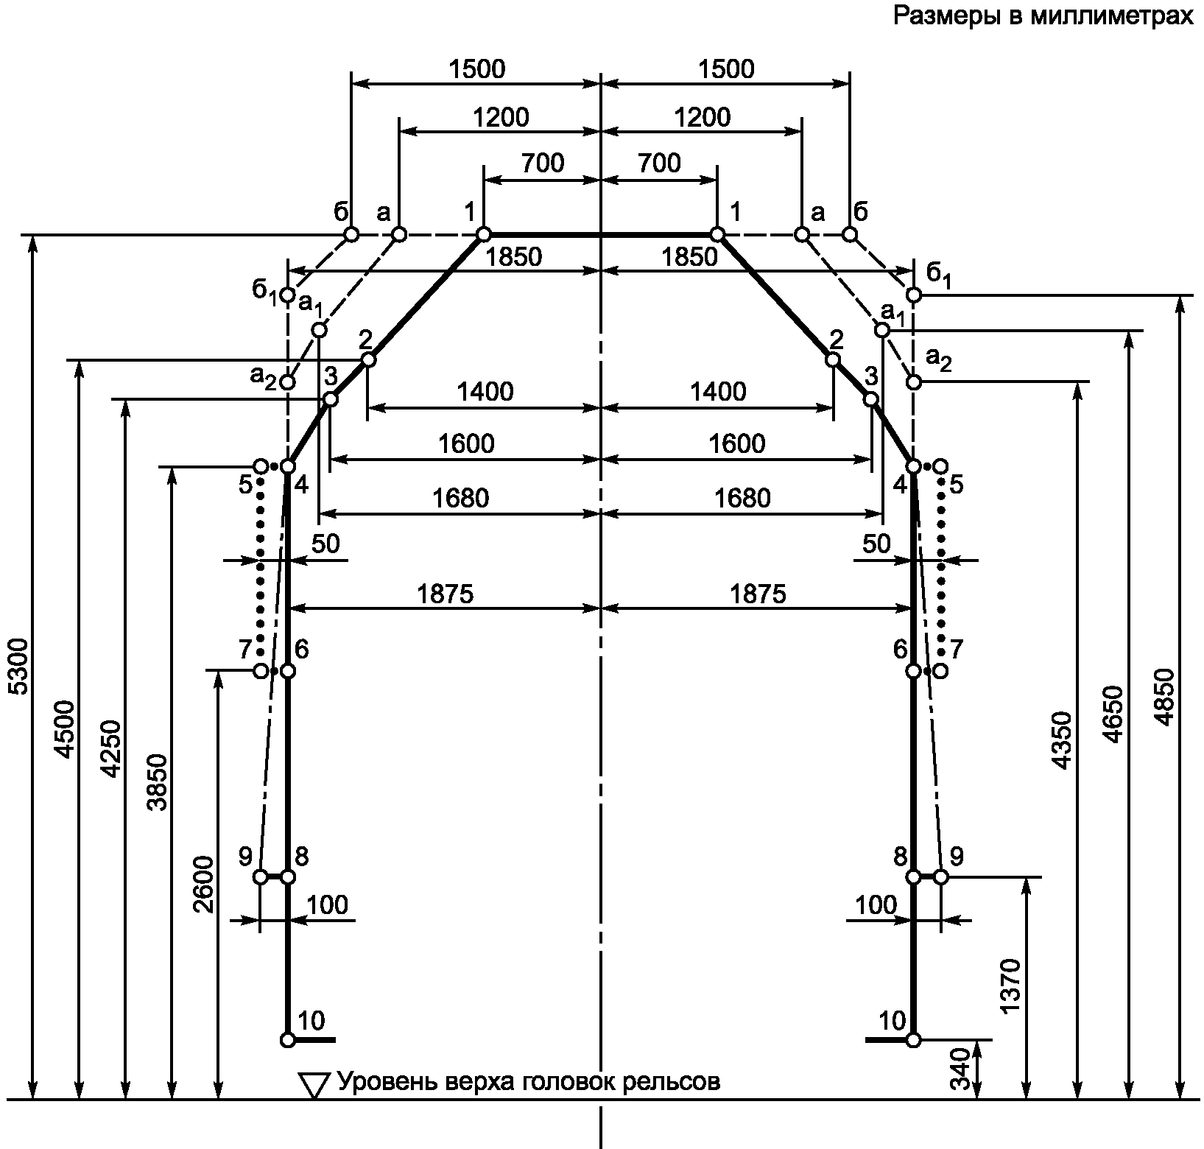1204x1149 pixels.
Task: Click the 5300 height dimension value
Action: [x=21, y=667]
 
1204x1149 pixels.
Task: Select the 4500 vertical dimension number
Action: [x=66, y=729]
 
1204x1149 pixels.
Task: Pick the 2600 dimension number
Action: [x=204, y=884]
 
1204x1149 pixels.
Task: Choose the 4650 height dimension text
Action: [x=1113, y=714]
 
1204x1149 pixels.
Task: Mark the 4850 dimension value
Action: [x=1164, y=696]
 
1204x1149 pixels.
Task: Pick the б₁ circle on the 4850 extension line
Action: [x=914, y=295]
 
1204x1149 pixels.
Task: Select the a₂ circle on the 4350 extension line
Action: [x=914, y=382]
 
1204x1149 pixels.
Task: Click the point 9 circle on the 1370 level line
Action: [x=940, y=877]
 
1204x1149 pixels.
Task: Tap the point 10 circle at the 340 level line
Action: [x=914, y=1040]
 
